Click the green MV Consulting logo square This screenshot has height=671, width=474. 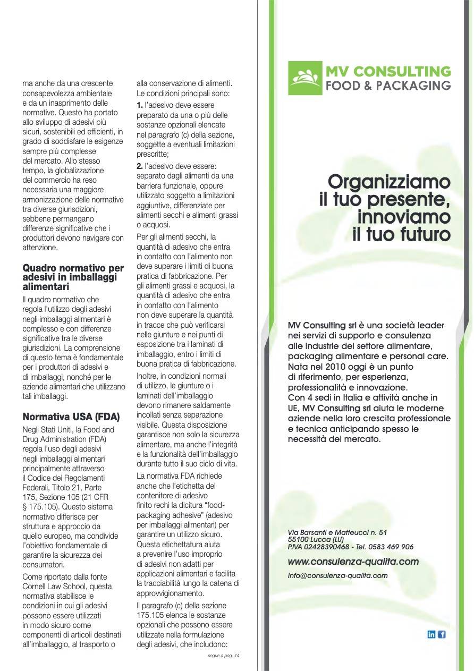click(x=305, y=78)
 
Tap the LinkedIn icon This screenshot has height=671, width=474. click(x=431, y=634)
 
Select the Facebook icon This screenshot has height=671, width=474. click(x=442, y=634)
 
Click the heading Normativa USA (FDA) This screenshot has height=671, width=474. click(x=71, y=416)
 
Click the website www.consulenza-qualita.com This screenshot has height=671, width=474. click(x=353, y=562)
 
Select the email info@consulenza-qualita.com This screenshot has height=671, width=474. click(x=337, y=575)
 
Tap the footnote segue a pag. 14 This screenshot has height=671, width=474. click(x=224, y=656)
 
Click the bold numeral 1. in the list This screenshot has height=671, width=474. click(x=140, y=105)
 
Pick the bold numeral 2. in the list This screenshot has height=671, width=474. click(x=140, y=166)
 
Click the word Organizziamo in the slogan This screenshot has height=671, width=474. click(x=389, y=182)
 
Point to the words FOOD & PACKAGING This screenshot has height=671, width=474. click(x=388, y=86)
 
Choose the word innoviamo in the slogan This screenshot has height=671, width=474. click(x=404, y=217)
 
